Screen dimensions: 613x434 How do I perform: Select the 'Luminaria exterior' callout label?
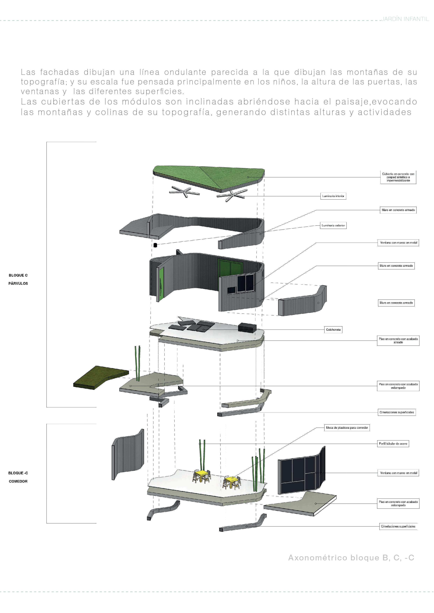(x=333, y=225)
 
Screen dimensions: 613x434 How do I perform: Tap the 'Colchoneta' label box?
(x=333, y=330)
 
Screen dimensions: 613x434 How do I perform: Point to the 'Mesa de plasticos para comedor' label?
(x=347, y=427)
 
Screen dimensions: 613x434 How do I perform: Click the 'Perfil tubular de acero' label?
(x=393, y=444)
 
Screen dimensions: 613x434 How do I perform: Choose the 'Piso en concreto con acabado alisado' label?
(x=398, y=340)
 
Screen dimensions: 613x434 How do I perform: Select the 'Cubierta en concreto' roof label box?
(x=398, y=177)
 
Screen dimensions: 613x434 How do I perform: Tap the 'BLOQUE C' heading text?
(x=18, y=275)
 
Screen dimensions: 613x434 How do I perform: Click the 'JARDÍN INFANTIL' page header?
(x=405, y=19)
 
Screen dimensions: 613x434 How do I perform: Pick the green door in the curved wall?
(x=161, y=284)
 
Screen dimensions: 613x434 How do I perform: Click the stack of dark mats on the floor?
(x=247, y=327)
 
